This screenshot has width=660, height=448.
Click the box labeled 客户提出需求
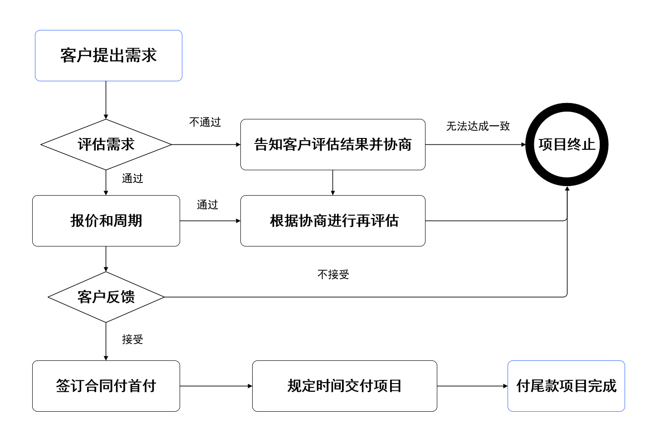coord(108,55)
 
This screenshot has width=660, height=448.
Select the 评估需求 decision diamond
coord(106,144)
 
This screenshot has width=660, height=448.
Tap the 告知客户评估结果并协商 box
coord(332,144)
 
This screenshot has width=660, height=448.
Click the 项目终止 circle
coord(567,144)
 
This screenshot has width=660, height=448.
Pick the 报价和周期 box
coord(106,221)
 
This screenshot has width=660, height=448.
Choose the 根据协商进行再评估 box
coord(332,221)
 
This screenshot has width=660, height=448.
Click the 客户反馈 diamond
coord(106,297)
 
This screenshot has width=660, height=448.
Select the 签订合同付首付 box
coord(106,386)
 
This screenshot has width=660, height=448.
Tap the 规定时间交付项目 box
coord(344,386)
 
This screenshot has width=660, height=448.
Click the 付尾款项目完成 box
coord(566,386)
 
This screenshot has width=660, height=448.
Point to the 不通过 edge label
coord(205,122)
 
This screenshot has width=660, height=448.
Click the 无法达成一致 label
coord(478,126)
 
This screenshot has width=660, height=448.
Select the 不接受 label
coord(333,275)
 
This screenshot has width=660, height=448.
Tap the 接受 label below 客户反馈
coord(132,340)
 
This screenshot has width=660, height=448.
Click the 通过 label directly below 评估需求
coord(132,178)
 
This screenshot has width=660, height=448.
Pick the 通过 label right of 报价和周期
coord(207,205)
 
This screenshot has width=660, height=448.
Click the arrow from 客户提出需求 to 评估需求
coord(106,100)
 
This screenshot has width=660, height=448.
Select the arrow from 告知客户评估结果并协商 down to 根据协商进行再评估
coord(332,182)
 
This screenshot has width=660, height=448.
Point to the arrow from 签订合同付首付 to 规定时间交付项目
coord(216,386)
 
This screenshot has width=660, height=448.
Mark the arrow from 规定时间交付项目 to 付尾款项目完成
coord(472,386)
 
